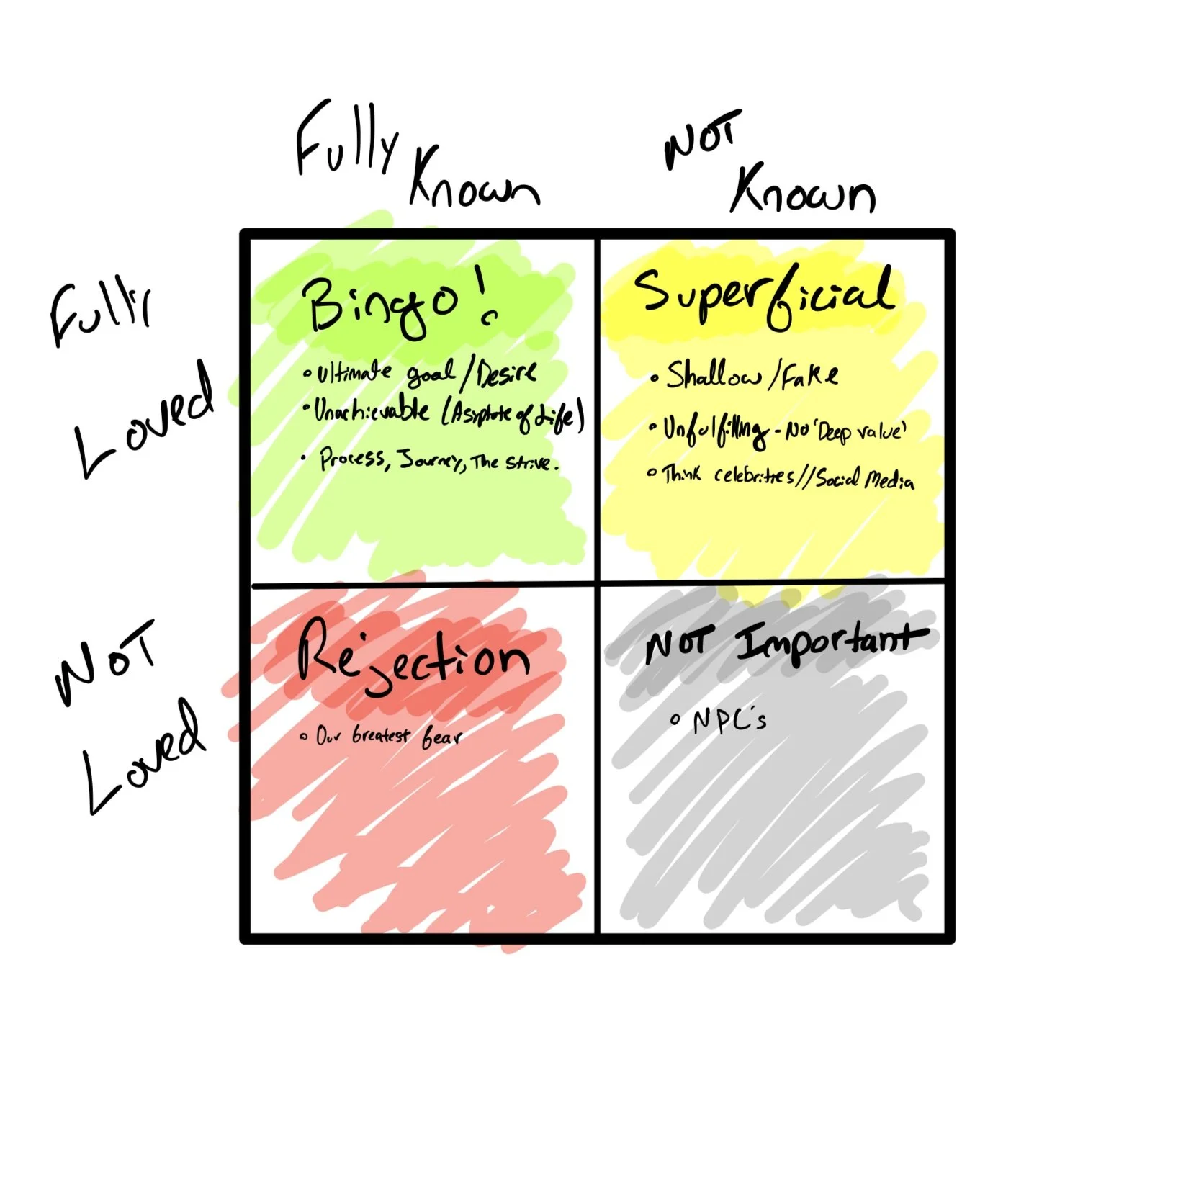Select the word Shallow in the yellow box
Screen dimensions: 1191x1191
point(713,375)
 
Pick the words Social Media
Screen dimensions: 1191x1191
point(864,479)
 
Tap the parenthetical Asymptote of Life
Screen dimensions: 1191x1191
point(511,415)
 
